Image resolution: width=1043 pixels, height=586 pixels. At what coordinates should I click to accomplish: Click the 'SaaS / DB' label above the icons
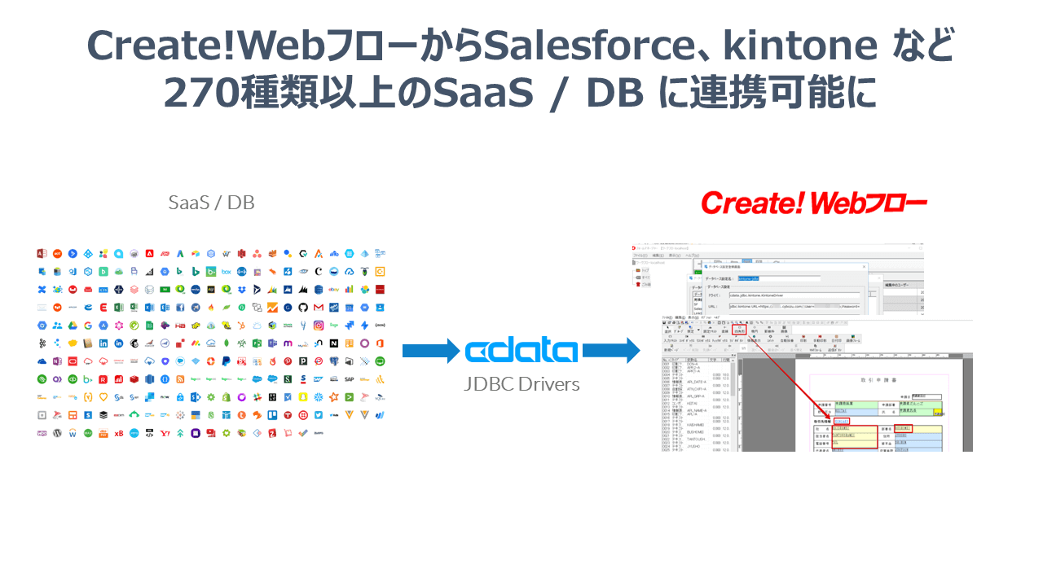click(x=211, y=203)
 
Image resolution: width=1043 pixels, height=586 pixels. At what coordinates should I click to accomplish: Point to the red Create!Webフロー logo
click(x=813, y=203)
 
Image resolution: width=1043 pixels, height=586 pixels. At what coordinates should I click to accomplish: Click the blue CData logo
click(x=521, y=351)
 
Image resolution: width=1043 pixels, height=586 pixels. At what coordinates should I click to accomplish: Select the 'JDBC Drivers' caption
click(x=521, y=384)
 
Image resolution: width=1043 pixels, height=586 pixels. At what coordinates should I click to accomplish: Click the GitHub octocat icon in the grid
click(x=303, y=307)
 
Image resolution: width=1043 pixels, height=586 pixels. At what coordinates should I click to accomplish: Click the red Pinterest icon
click(x=288, y=361)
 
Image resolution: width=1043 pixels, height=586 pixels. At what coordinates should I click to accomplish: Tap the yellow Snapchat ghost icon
click(x=303, y=396)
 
